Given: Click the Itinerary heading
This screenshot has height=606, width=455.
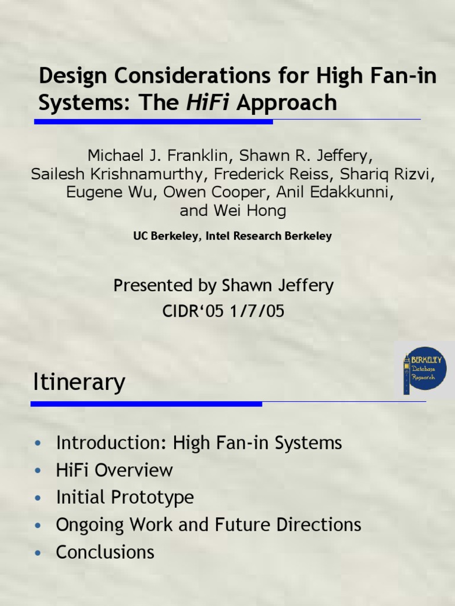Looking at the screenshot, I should click(78, 382).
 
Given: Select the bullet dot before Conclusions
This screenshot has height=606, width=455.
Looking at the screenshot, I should click(39, 553).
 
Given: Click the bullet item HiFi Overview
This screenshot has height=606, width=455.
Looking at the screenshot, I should click(114, 470).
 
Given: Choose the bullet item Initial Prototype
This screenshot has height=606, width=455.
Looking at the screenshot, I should click(124, 498).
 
